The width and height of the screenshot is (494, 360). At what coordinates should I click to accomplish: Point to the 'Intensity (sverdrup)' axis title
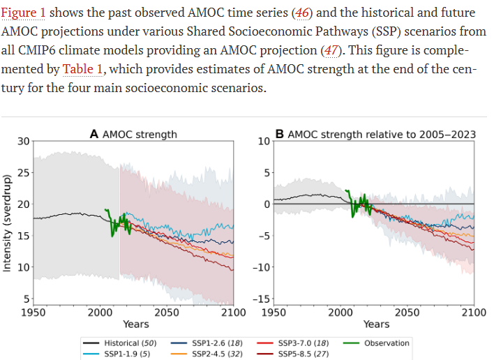pos(8,223)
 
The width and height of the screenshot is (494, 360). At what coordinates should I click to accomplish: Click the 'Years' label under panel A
pos(135,324)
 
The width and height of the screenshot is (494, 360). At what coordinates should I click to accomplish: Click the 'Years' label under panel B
pos(376,324)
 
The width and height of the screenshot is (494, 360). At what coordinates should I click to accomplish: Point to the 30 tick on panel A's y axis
pos(23,141)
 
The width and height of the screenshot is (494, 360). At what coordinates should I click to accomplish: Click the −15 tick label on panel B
pos(262,299)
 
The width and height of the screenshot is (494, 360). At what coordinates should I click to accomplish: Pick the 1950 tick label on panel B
pos(275,312)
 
